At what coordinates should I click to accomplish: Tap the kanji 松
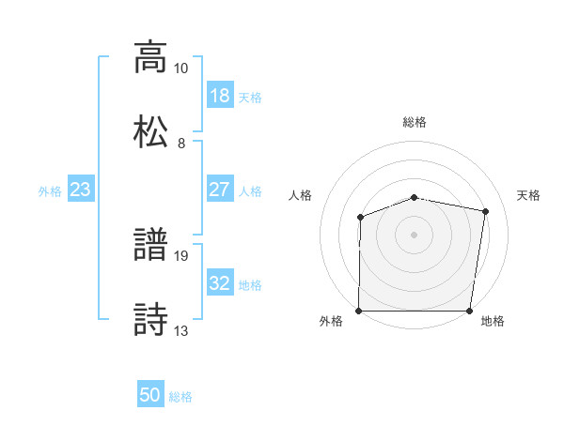click(150, 130)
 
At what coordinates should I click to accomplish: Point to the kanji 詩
click(150, 318)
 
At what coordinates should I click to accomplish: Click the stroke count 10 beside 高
click(181, 68)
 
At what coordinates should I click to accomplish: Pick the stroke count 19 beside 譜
click(181, 255)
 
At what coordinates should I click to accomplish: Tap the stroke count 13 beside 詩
click(181, 330)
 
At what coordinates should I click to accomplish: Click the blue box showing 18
click(219, 96)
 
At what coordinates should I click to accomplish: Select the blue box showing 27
click(219, 190)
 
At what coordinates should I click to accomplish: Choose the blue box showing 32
click(219, 283)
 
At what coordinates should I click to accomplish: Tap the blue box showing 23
click(81, 190)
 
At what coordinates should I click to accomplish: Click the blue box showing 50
click(150, 395)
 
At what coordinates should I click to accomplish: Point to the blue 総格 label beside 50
click(181, 397)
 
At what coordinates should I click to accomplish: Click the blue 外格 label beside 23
click(50, 191)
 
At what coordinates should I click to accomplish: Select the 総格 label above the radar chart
click(415, 122)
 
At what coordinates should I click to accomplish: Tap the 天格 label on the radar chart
click(529, 195)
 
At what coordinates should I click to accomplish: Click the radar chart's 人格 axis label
click(301, 195)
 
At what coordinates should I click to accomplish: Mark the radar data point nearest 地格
click(471, 311)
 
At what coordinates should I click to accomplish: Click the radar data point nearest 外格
click(359, 311)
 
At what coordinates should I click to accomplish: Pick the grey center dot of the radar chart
click(415, 234)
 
